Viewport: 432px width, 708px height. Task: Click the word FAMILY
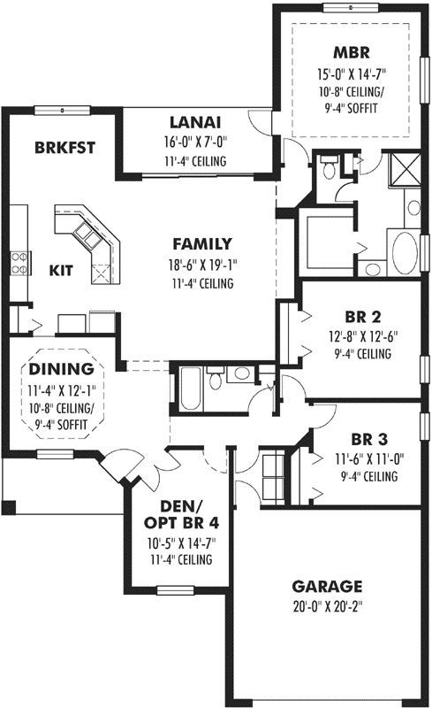coord(202,243)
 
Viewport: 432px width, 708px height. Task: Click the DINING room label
coord(61,368)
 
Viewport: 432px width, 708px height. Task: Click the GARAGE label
coord(327,586)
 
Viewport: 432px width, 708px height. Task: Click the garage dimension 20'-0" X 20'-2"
coord(327,607)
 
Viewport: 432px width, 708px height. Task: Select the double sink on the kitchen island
coord(86,233)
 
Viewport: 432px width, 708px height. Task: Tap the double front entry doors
coord(163,458)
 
